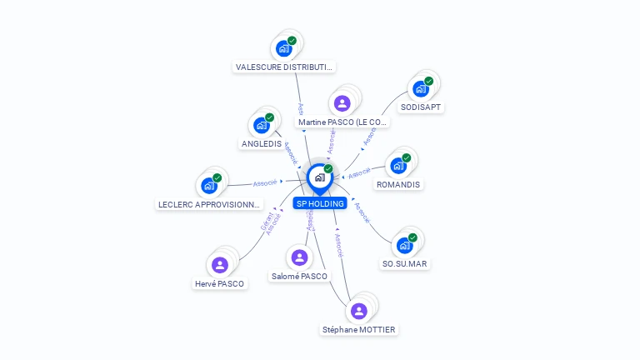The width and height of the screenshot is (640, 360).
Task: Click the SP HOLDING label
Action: coord(320,203)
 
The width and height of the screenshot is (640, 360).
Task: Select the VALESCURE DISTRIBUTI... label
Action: coord(285,67)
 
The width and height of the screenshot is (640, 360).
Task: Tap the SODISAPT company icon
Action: coord(421,87)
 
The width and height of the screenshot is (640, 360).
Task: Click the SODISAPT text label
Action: coord(422,107)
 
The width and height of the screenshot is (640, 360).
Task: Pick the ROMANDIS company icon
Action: coord(398,165)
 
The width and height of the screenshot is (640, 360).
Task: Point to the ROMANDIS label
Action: coord(398,184)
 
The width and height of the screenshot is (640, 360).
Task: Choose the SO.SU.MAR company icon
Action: coord(404,245)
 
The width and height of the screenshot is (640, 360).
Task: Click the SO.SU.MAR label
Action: coord(406,263)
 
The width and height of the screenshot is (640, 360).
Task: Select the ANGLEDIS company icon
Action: coord(262,125)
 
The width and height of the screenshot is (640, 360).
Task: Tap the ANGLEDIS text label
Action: coord(262,143)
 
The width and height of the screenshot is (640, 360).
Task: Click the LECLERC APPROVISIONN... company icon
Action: coord(209,185)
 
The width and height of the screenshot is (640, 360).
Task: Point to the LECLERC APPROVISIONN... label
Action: coord(210,204)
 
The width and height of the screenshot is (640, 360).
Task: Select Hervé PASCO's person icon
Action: coord(220,264)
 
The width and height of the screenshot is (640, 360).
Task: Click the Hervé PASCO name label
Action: coord(220,283)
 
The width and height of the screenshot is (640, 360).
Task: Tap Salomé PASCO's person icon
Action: coord(300,257)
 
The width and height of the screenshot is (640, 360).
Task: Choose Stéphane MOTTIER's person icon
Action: coord(359,311)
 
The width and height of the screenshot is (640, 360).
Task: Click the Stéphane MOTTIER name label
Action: coord(359,329)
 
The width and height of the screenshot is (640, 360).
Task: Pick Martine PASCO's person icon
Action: coord(342,103)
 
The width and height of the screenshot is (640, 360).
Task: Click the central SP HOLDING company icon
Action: coord(319,177)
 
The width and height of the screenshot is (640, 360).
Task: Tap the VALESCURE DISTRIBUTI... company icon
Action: coord(284,47)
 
